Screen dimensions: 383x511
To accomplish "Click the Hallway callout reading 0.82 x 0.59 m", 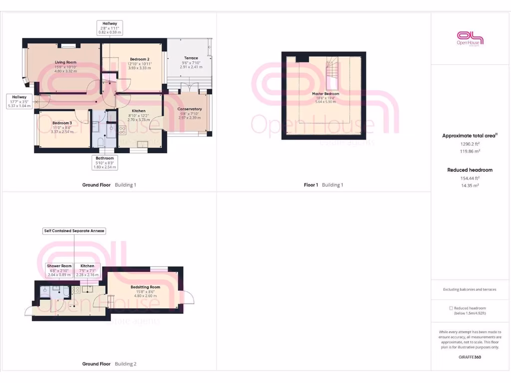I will pyautogui.click(x=110, y=27).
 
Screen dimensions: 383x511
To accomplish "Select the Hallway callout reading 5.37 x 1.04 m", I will pyautogui.click(x=19, y=101).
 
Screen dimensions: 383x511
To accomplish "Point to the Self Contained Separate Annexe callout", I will pyautogui.click(x=74, y=231).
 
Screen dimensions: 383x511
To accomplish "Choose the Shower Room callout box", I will pyautogui.click(x=59, y=270).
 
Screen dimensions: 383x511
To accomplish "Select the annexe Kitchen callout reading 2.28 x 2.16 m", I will pyautogui.click(x=87, y=270).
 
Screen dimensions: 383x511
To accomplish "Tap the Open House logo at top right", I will pyautogui.click(x=470, y=38).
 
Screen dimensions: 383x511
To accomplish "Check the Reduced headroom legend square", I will pyautogui.click(x=451, y=308).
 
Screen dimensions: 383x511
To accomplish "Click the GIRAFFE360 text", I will pyautogui.click(x=469, y=357).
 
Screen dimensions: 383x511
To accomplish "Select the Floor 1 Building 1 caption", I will pyautogui.click(x=323, y=185).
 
